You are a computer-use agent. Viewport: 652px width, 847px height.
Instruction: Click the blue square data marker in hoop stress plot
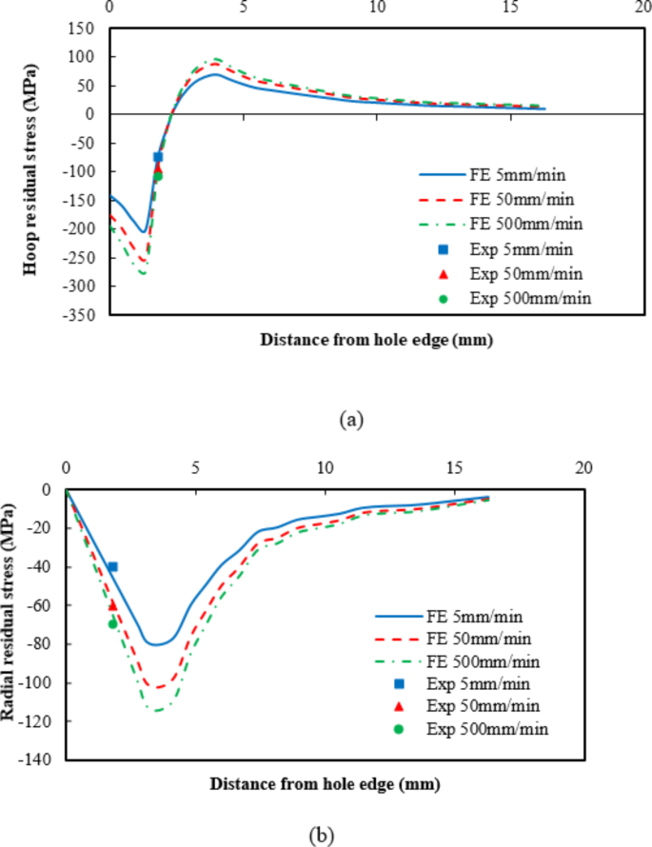tap(158, 157)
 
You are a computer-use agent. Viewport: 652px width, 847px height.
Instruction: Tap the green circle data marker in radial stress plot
tap(112, 624)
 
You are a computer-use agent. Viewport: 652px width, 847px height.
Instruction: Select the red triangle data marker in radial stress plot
tap(112, 604)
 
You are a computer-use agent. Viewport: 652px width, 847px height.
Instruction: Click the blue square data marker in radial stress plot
tap(112, 566)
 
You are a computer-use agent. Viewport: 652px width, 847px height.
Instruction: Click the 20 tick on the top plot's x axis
tap(645, 7)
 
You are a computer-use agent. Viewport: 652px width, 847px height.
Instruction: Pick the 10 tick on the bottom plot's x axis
tap(325, 468)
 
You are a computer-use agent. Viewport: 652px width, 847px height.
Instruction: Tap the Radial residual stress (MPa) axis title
tap(18, 623)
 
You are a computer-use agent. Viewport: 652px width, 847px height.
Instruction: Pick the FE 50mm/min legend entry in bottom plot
tap(472, 638)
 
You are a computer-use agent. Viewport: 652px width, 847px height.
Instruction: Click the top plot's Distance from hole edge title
tap(377, 338)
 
